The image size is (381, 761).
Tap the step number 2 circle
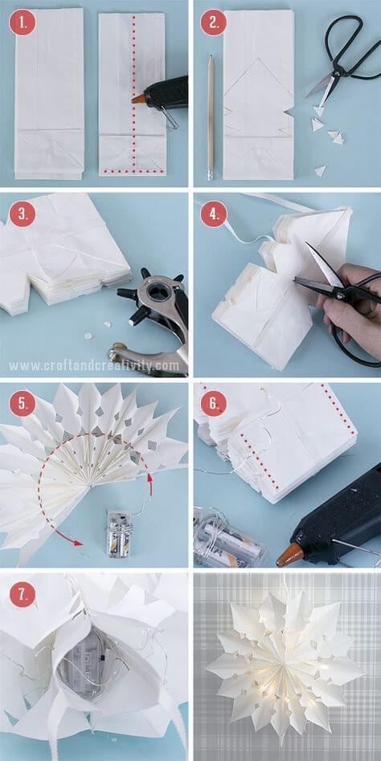point(213,22)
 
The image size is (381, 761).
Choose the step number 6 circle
point(213,402)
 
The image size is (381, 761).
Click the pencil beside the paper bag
point(211,116)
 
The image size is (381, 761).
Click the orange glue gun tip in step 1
point(138,100)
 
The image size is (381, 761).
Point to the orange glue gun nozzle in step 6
point(290,554)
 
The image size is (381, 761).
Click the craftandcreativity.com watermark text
point(94,365)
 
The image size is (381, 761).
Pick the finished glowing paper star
point(285,665)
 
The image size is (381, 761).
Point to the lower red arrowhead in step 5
point(76,543)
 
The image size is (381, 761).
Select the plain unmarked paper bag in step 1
point(49,92)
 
